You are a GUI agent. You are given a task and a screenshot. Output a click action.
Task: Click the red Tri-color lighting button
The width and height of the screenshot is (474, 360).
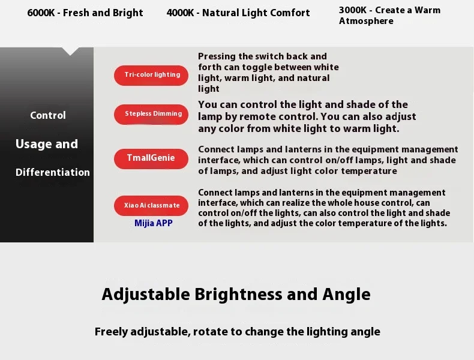(151, 75)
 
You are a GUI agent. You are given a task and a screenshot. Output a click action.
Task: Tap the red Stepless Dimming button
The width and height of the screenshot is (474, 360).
(151, 114)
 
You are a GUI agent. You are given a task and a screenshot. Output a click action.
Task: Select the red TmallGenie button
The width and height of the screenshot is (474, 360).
(151, 158)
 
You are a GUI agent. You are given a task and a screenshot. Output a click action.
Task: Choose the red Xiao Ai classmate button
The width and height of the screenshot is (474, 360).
(151, 206)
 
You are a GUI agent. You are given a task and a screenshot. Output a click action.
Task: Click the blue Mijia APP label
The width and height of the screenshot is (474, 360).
(154, 223)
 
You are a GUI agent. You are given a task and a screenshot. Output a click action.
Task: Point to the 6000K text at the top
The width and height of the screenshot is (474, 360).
(41, 13)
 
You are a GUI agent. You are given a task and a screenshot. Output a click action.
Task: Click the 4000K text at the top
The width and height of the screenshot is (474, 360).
(180, 13)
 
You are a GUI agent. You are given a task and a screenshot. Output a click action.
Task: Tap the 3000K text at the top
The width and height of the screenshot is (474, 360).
(352, 10)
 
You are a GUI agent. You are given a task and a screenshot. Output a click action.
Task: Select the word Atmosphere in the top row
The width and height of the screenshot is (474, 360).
(366, 21)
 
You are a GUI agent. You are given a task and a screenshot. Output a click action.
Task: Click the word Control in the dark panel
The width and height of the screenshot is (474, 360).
(48, 115)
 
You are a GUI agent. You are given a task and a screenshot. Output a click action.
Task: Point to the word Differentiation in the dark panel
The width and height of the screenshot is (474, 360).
(53, 172)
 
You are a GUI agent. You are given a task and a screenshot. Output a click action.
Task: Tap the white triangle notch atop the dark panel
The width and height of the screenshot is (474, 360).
(70, 51)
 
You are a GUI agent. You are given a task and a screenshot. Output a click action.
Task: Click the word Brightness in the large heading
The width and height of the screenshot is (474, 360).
(238, 294)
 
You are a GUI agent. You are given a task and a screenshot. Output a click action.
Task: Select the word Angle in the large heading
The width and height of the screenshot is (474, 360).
(346, 295)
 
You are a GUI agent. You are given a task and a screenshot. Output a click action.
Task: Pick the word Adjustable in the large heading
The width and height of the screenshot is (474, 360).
(146, 295)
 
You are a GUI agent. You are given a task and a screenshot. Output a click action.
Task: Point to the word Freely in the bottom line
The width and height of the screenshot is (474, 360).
(111, 332)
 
